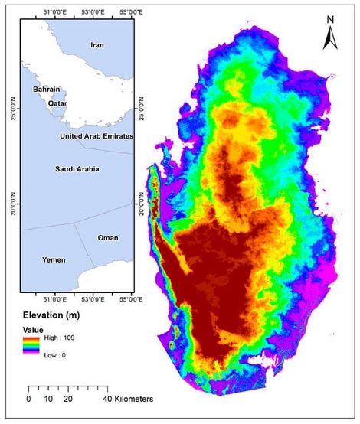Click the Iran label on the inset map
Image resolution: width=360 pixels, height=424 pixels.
click(x=97, y=46)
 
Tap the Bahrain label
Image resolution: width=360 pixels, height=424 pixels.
click(x=47, y=90)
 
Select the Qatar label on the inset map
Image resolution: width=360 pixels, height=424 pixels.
click(x=59, y=103)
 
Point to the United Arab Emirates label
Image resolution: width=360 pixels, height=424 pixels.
click(x=97, y=135)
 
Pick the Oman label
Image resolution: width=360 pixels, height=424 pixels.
click(x=108, y=238)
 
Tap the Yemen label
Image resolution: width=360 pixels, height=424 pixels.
click(x=53, y=260)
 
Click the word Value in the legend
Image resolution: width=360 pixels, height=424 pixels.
click(x=33, y=329)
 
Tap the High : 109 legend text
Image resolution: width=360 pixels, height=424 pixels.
click(x=62, y=338)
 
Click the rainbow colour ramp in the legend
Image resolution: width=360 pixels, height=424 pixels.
click(x=31, y=346)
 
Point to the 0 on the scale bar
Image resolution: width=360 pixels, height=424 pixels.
click(x=28, y=399)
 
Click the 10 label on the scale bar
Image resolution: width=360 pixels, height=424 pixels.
click(x=48, y=399)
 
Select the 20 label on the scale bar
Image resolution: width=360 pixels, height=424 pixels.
click(x=68, y=399)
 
